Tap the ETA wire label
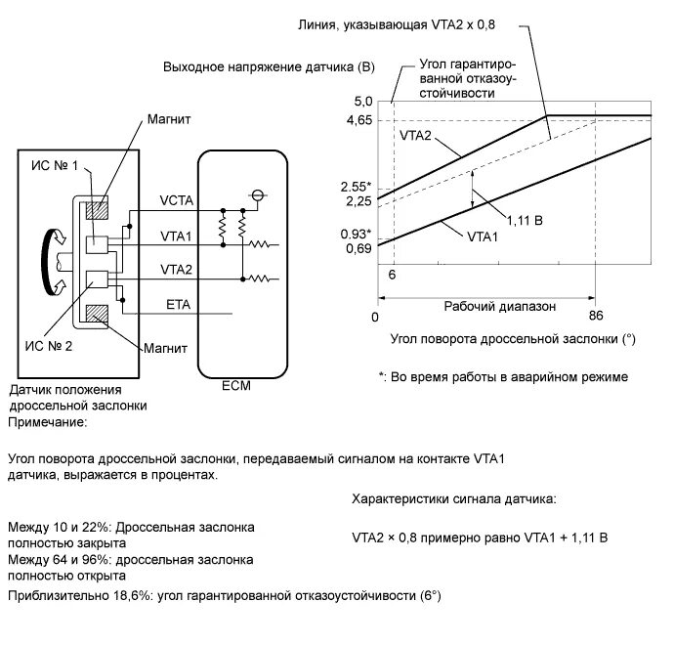tap(179, 306)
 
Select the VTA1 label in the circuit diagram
tap(177, 236)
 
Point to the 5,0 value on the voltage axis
tap(363, 102)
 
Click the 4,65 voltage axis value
tap(358, 120)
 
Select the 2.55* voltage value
tap(357, 186)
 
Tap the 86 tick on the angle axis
tap(597, 317)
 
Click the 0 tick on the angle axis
tap(375, 317)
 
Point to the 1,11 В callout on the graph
tap(526, 220)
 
